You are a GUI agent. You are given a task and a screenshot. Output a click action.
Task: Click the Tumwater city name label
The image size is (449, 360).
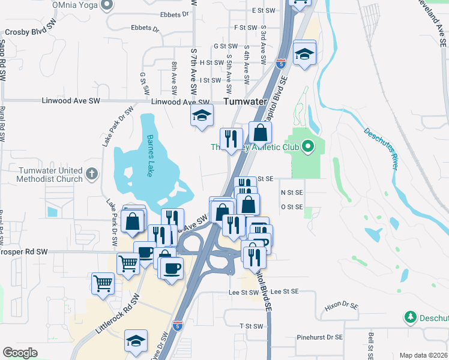point(244,102)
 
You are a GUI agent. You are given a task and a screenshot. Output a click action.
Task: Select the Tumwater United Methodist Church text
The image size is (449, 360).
point(50,175)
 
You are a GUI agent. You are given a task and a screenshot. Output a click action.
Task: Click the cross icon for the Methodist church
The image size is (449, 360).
point(91,174)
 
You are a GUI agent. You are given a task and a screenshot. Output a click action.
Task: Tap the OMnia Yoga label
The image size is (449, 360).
point(75,5)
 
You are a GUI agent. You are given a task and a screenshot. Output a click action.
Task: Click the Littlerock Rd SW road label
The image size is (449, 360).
point(117,316)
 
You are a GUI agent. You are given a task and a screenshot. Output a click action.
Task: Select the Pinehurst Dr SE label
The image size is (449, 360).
point(319,338)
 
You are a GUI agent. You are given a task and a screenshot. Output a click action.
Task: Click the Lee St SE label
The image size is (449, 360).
point(285,292)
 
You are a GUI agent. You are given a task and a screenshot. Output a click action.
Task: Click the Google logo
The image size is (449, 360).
point(20,353)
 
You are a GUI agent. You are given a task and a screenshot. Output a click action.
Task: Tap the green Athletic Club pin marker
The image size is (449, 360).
point(308,146)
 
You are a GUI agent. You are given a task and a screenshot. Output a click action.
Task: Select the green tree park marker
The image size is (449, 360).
point(411,317)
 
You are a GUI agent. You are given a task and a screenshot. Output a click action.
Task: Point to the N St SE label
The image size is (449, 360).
point(291,193)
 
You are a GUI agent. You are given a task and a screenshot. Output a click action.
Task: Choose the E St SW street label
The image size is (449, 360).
point(263,11)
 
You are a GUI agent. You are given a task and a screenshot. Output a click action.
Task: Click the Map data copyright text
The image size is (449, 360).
point(424,355)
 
